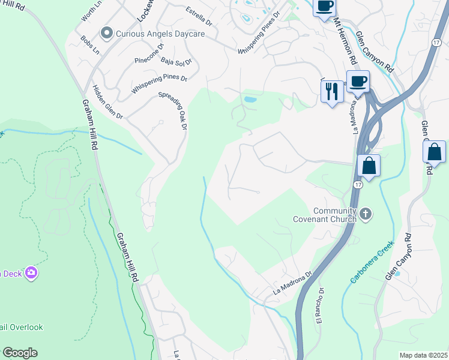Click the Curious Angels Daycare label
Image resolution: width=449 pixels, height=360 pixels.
(x=160, y=34)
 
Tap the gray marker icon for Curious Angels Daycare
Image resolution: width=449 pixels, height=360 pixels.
(x=107, y=33)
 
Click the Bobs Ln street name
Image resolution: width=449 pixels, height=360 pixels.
(x=90, y=46)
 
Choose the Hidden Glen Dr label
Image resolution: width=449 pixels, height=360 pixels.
(x=107, y=102)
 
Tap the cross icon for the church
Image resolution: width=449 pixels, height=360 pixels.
(x=366, y=213)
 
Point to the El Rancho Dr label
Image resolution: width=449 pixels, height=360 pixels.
(x=320, y=307)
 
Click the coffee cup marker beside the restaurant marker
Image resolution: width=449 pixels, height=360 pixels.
(x=358, y=81)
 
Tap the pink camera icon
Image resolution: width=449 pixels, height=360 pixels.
(x=31, y=274)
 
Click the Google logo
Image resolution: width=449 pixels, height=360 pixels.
(x=20, y=353)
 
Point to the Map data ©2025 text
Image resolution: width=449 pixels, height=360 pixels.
(x=423, y=355)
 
